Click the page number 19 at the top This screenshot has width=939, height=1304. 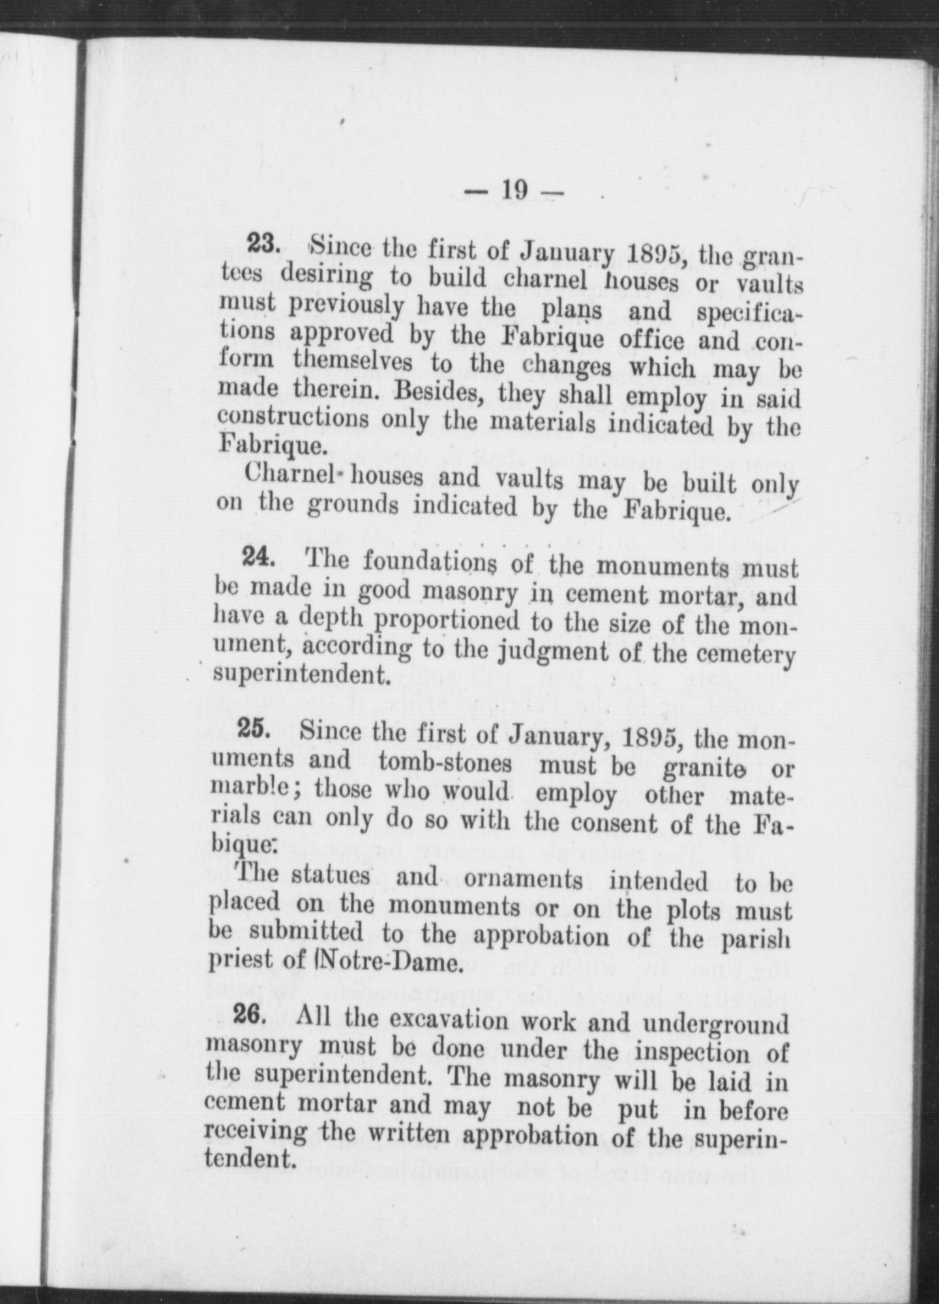[x=513, y=190]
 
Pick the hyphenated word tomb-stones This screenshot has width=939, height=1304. [x=445, y=762]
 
